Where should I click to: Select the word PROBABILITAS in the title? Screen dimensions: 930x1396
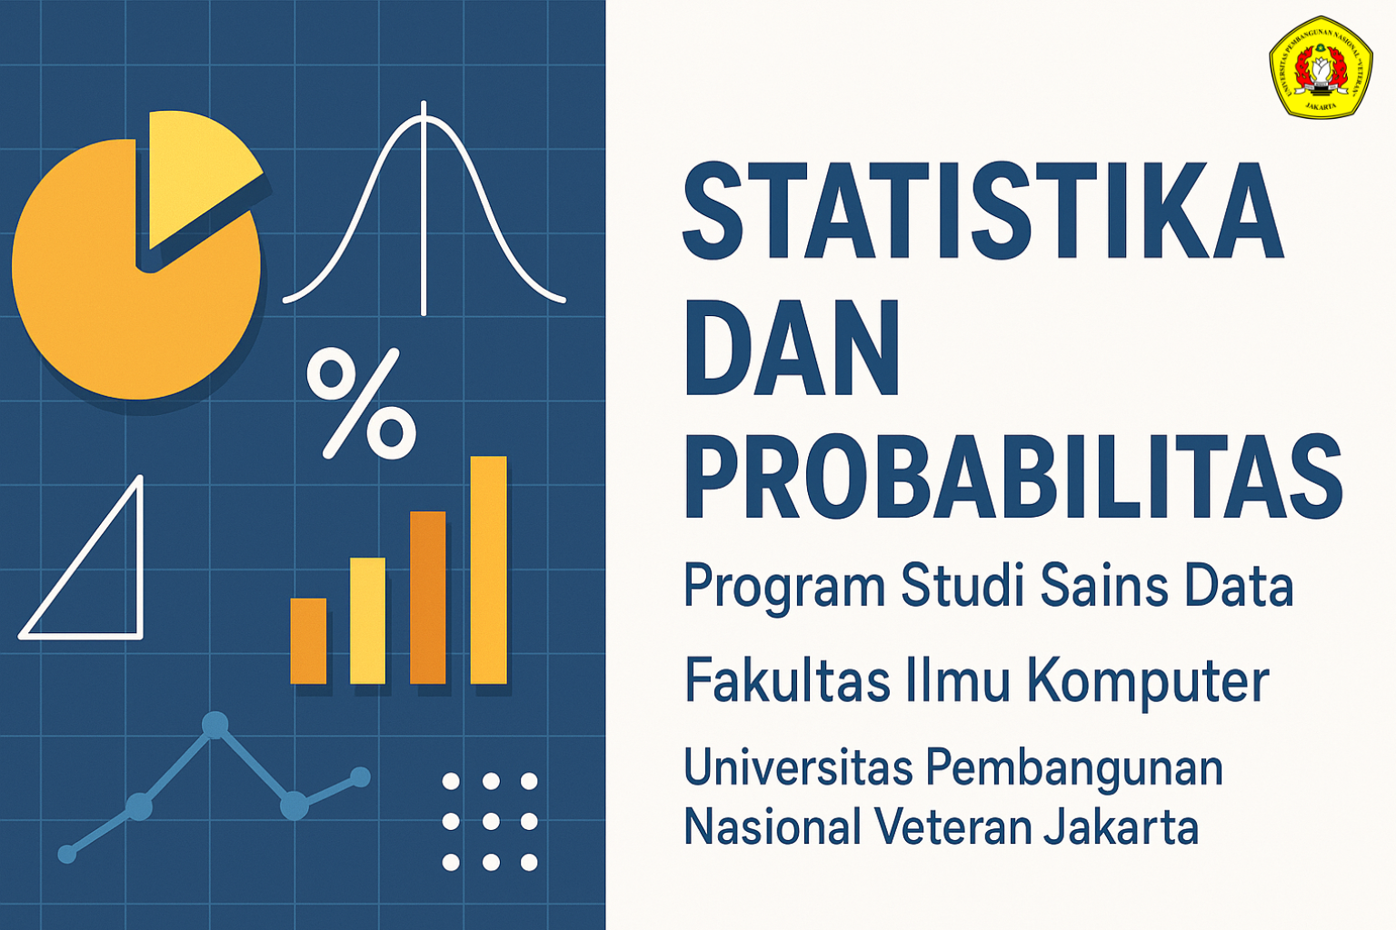[x=1012, y=476]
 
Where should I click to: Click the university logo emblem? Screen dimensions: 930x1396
[x=1320, y=67]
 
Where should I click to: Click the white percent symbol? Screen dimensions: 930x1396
[x=362, y=402]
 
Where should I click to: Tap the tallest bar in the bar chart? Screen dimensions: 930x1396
[x=488, y=569]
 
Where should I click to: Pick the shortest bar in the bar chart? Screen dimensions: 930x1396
[x=308, y=640]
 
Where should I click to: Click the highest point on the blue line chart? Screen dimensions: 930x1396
[x=214, y=724]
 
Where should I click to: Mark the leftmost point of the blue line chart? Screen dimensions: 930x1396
[x=67, y=854]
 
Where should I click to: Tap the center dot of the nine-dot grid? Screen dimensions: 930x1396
[x=491, y=821]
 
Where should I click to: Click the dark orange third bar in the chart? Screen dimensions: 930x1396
[x=428, y=597]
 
